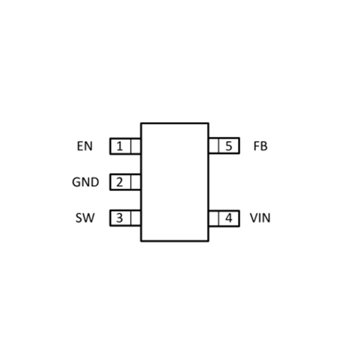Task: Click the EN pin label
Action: coord(85,146)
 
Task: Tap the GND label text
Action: coord(85,182)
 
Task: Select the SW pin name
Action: coord(85,218)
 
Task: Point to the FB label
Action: coord(261,146)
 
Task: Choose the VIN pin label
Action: coord(260,218)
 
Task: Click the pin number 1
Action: coord(119,146)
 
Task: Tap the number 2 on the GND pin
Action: coord(119,182)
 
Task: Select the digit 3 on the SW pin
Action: coord(119,218)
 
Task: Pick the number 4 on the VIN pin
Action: coord(229,218)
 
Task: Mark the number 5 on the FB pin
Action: coord(229,146)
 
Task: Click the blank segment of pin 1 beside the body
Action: coord(135,146)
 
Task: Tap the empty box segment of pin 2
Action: coord(135,182)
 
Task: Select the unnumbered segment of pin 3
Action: coord(135,218)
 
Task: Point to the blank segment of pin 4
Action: coord(214,218)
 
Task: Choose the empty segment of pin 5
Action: coord(214,146)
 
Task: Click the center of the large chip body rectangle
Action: coord(175,182)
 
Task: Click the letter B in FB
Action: coord(264,146)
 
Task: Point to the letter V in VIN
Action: coord(253,218)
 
